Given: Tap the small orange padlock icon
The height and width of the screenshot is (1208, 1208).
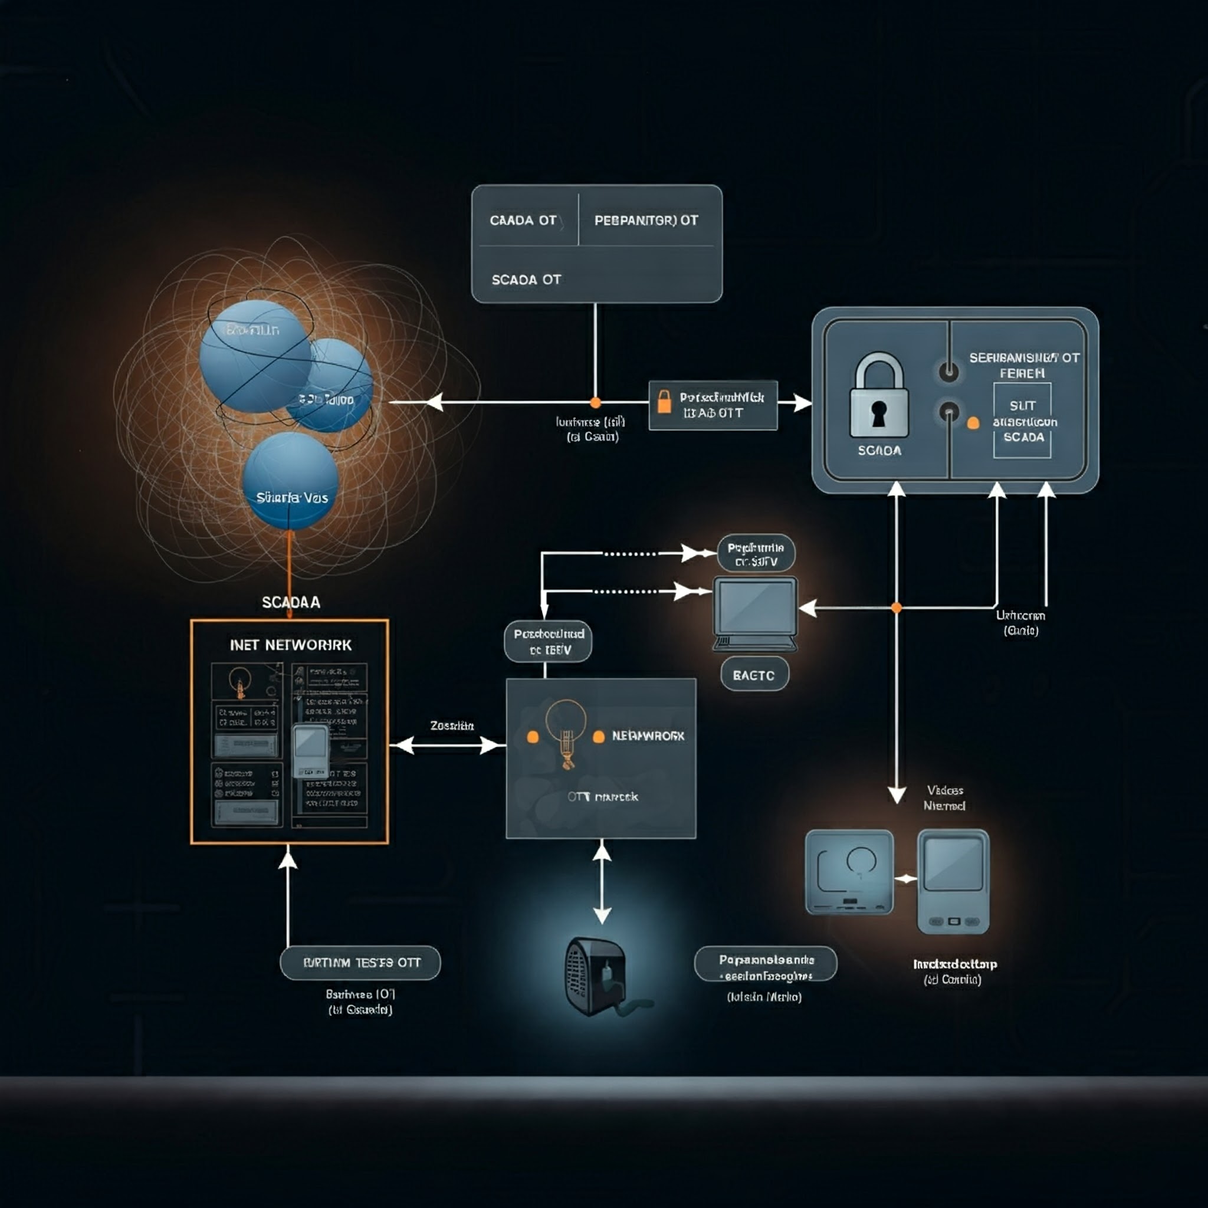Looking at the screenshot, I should pos(664,402).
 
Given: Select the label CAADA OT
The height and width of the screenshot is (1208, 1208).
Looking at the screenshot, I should pos(523,221).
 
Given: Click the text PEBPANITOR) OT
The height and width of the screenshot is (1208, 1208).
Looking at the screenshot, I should pos(646,221).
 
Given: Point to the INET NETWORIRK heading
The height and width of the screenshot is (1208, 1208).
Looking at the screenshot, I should pos(291,645).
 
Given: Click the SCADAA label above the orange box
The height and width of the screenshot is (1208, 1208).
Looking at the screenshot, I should pos(291,602).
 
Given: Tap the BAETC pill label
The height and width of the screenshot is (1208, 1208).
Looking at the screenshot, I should pos(754,675).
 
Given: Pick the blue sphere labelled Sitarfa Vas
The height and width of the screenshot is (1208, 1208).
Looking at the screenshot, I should pos(291,481).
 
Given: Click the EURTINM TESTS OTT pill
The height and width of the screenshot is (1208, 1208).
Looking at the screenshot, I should pos(361,963).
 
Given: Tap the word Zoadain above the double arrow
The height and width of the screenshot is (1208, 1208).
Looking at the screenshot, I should pos(451,726).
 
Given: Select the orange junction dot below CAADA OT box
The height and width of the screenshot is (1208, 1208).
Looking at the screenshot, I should pos(595,403).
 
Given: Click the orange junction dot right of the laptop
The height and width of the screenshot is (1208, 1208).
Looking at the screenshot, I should pos(897,608).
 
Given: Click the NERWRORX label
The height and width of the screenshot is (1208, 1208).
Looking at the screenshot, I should pos(648,737).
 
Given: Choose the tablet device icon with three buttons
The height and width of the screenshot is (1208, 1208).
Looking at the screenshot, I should pos(953,882).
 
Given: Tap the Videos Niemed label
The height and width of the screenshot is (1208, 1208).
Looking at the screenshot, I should pos(945,799).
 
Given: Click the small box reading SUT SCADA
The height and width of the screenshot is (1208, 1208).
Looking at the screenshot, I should pos(1022,421).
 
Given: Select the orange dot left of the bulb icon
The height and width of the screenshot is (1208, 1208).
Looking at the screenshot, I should pos(533,737).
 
